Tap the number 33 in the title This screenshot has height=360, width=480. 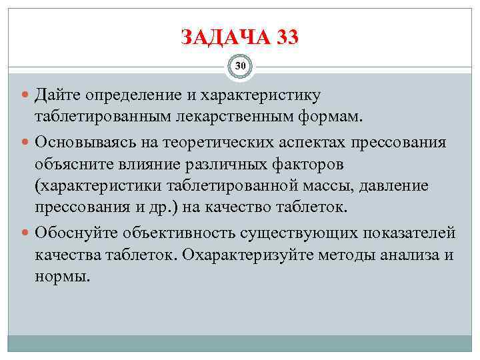pos(284,37)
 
